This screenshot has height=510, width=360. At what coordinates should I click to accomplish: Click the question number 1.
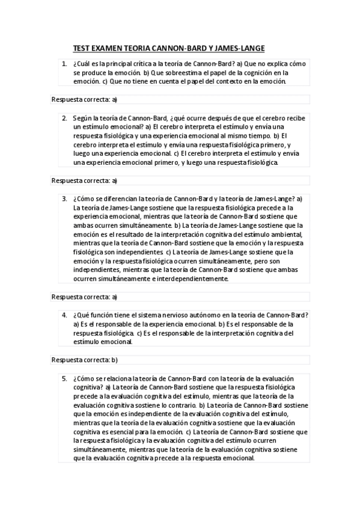click(64, 63)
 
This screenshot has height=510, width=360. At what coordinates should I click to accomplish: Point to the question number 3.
click(64, 198)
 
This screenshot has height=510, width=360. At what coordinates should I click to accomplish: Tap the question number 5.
click(64, 379)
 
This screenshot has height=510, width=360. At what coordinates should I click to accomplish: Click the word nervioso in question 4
click(171, 315)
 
